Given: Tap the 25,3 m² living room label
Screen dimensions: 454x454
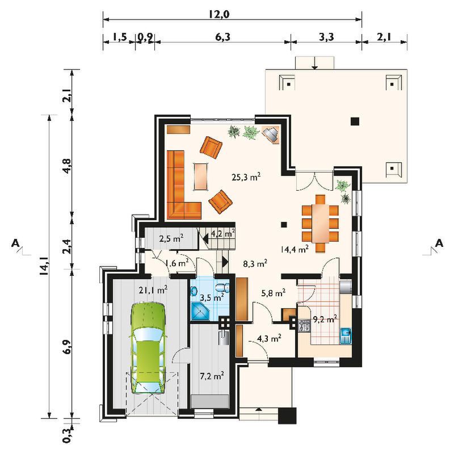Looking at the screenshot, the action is pyautogui.click(x=246, y=176).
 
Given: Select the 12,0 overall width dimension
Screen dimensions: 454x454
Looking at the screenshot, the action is pyautogui.click(x=219, y=14).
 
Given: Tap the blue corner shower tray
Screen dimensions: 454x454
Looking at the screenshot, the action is pyautogui.click(x=200, y=310).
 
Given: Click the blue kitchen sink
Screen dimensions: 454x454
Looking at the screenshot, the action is pyautogui.click(x=346, y=335).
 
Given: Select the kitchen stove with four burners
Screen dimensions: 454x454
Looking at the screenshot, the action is pyautogui.click(x=304, y=325).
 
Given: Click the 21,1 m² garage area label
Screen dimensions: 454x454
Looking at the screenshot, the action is pyautogui.click(x=153, y=290).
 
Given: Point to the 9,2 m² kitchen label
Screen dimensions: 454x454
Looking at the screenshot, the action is pyautogui.click(x=325, y=320).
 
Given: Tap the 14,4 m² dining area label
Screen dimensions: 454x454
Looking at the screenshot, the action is pyautogui.click(x=295, y=249).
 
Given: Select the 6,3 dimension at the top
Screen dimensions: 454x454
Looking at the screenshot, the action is pyautogui.click(x=223, y=37).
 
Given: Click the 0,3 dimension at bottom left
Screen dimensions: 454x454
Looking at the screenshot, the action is pyautogui.click(x=67, y=435).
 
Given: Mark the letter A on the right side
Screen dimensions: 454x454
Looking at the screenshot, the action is pyautogui.click(x=439, y=243).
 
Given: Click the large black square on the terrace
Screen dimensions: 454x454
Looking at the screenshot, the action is pyautogui.click(x=355, y=121).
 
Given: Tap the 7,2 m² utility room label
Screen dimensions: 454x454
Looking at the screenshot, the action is pyautogui.click(x=212, y=376).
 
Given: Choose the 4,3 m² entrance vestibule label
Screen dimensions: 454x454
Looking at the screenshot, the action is pyautogui.click(x=269, y=338).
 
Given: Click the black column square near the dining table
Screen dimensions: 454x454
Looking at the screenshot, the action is pyautogui.click(x=284, y=224).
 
